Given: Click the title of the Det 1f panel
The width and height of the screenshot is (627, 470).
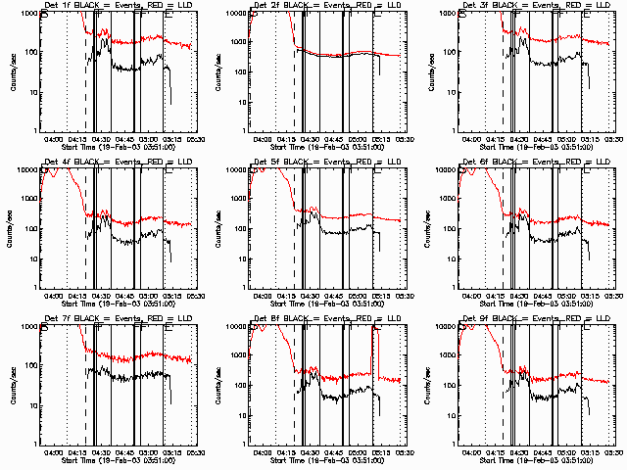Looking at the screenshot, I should point(118,6).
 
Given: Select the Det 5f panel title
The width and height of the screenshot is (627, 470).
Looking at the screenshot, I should point(326,163).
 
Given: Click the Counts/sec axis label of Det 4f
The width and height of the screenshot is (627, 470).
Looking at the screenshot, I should point(12,228).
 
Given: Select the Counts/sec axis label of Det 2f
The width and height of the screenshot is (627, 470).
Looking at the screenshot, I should point(220,71).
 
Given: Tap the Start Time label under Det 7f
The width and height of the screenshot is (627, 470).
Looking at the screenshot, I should point(118,458).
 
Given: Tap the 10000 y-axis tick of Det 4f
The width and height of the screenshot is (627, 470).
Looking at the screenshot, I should point(26,169).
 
